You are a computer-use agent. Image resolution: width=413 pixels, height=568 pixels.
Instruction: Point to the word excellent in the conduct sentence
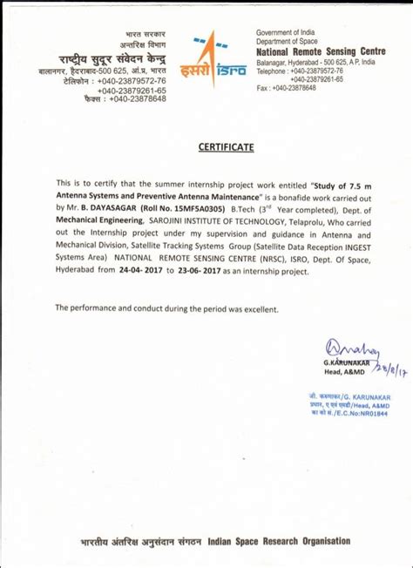tap(257, 309)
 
